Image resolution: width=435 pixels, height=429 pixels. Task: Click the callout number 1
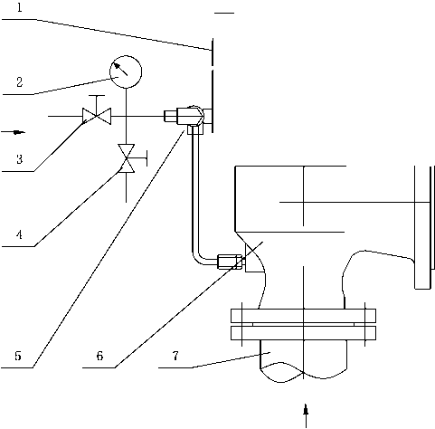20,7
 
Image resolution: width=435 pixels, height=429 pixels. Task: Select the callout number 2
20,82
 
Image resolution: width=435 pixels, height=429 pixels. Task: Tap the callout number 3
20,159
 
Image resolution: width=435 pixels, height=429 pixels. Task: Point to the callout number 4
20,234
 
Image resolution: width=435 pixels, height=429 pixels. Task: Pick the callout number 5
18,356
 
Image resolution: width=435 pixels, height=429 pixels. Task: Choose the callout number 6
99,356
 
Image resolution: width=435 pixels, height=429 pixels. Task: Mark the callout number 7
175,356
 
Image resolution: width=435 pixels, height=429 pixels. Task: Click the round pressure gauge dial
126,71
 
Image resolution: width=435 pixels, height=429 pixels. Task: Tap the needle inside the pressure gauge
120,69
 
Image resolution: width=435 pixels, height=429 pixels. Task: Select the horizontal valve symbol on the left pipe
97,116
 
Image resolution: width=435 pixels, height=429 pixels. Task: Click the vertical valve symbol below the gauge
127,158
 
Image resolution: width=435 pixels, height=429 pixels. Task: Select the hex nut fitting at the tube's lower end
230,262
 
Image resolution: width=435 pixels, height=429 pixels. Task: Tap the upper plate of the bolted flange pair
303,316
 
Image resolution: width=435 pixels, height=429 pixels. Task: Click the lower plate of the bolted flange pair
303,333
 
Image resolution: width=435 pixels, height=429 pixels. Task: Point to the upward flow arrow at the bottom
306,415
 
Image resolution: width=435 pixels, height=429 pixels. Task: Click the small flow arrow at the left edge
14,132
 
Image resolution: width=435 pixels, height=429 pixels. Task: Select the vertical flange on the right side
423,227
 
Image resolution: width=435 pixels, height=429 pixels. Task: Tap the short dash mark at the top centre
224,13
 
